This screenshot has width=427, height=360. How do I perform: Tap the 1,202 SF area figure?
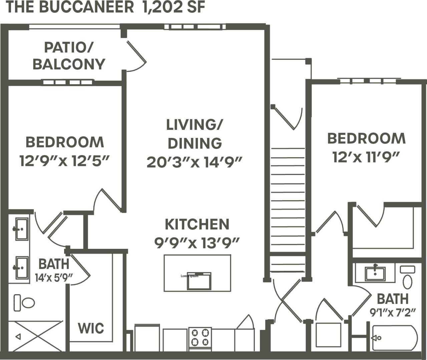coord(173,7)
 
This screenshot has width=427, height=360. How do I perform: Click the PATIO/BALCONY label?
coord(69,56)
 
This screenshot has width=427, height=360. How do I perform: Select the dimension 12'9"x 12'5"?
coord(64,161)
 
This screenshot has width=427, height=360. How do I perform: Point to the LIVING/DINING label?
coord(195,134)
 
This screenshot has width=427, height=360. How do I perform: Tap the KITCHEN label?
coord(197,224)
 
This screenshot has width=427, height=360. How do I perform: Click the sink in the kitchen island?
coord(199,281)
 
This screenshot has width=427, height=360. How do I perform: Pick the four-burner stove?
coord(200,337)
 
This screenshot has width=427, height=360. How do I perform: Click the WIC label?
coord(91,328)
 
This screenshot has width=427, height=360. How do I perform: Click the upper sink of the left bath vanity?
coord(22,229)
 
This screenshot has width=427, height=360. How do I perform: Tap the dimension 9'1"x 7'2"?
coord(393,313)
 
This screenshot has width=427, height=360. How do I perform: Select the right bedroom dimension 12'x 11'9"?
coord(366,157)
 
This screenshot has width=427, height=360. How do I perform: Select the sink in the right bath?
coord(375,273)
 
